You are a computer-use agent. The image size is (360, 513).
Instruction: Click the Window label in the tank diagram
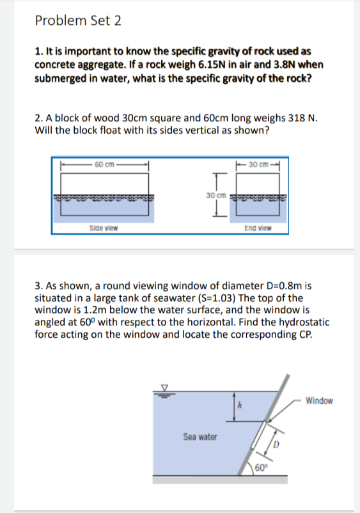click(x=319, y=401)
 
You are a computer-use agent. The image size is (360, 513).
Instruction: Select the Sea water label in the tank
click(x=200, y=438)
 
